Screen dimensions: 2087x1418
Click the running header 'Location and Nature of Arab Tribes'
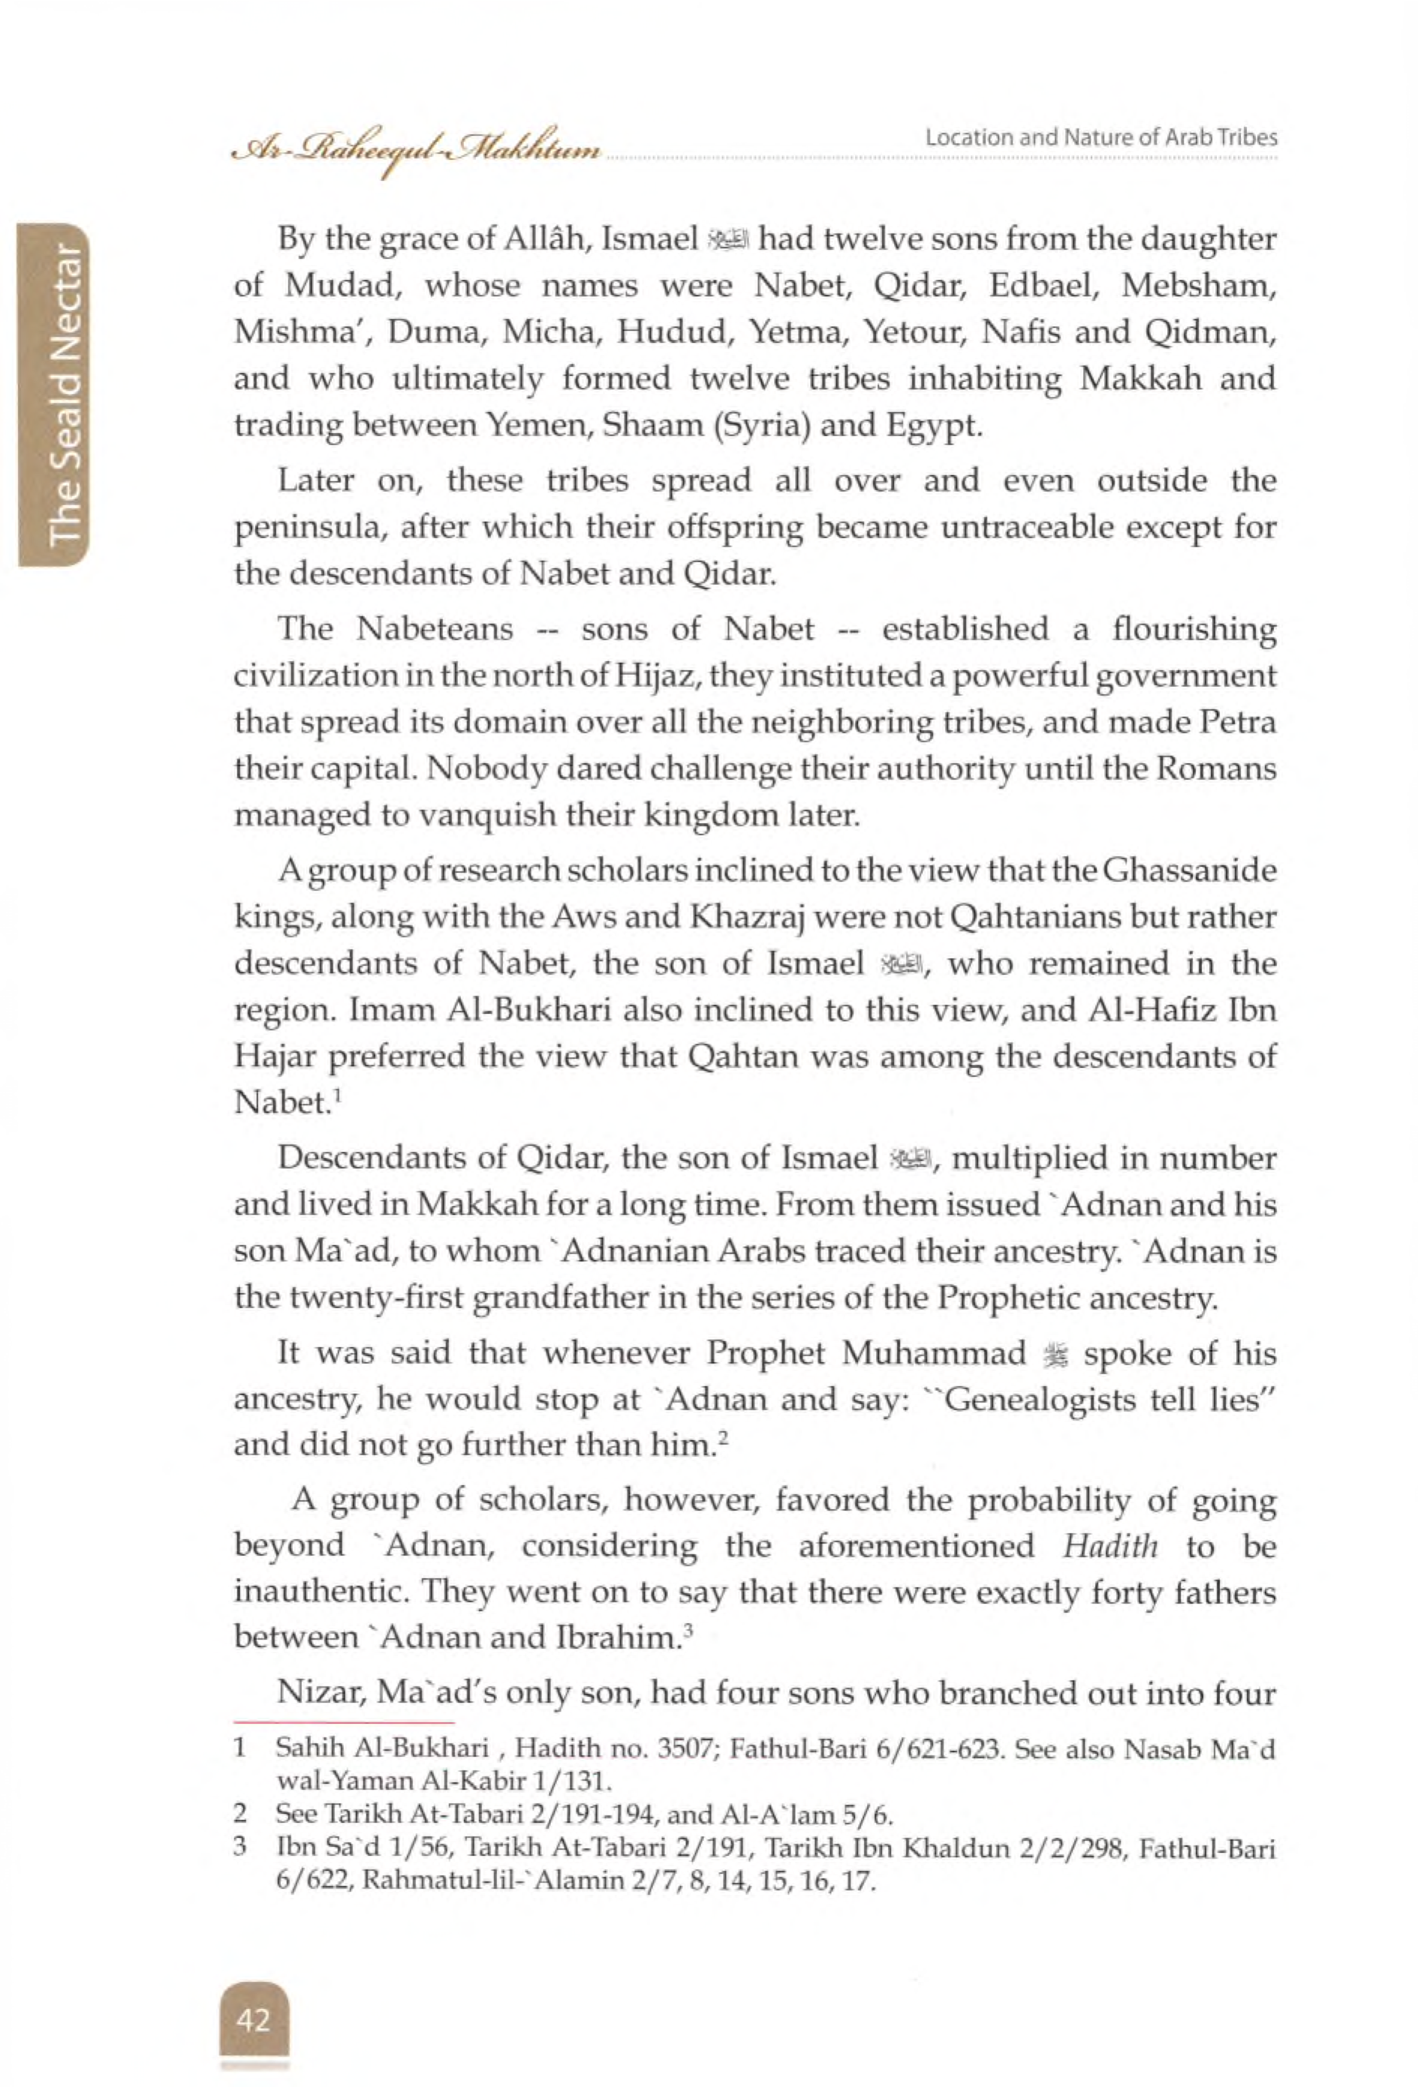pos(1101,137)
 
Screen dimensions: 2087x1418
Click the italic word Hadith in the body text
pos(1110,1545)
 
